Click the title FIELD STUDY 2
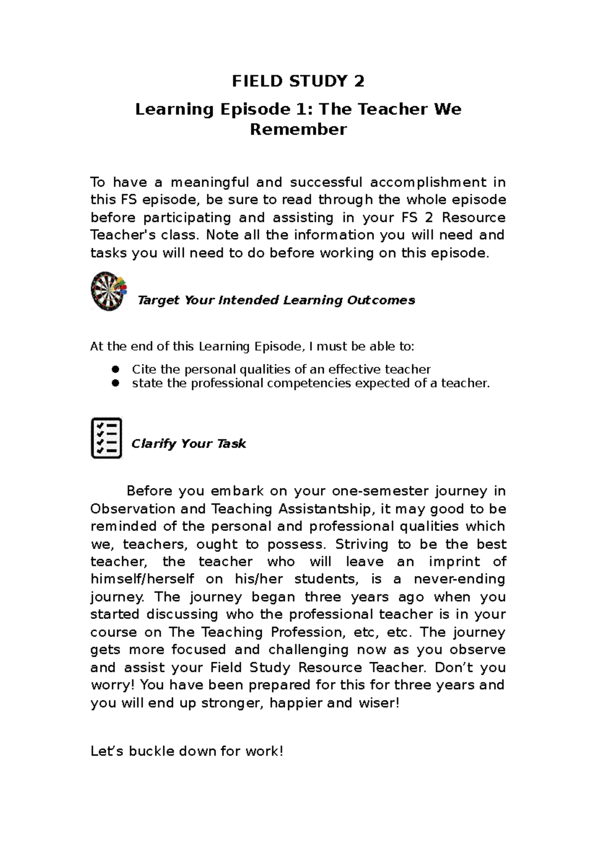point(298,81)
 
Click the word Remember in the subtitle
point(298,130)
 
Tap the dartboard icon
point(108,291)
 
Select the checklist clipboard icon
point(106,438)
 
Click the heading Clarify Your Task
point(189,444)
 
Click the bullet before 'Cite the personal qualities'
point(116,369)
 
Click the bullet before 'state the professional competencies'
point(116,383)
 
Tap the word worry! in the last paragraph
point(112,686)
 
